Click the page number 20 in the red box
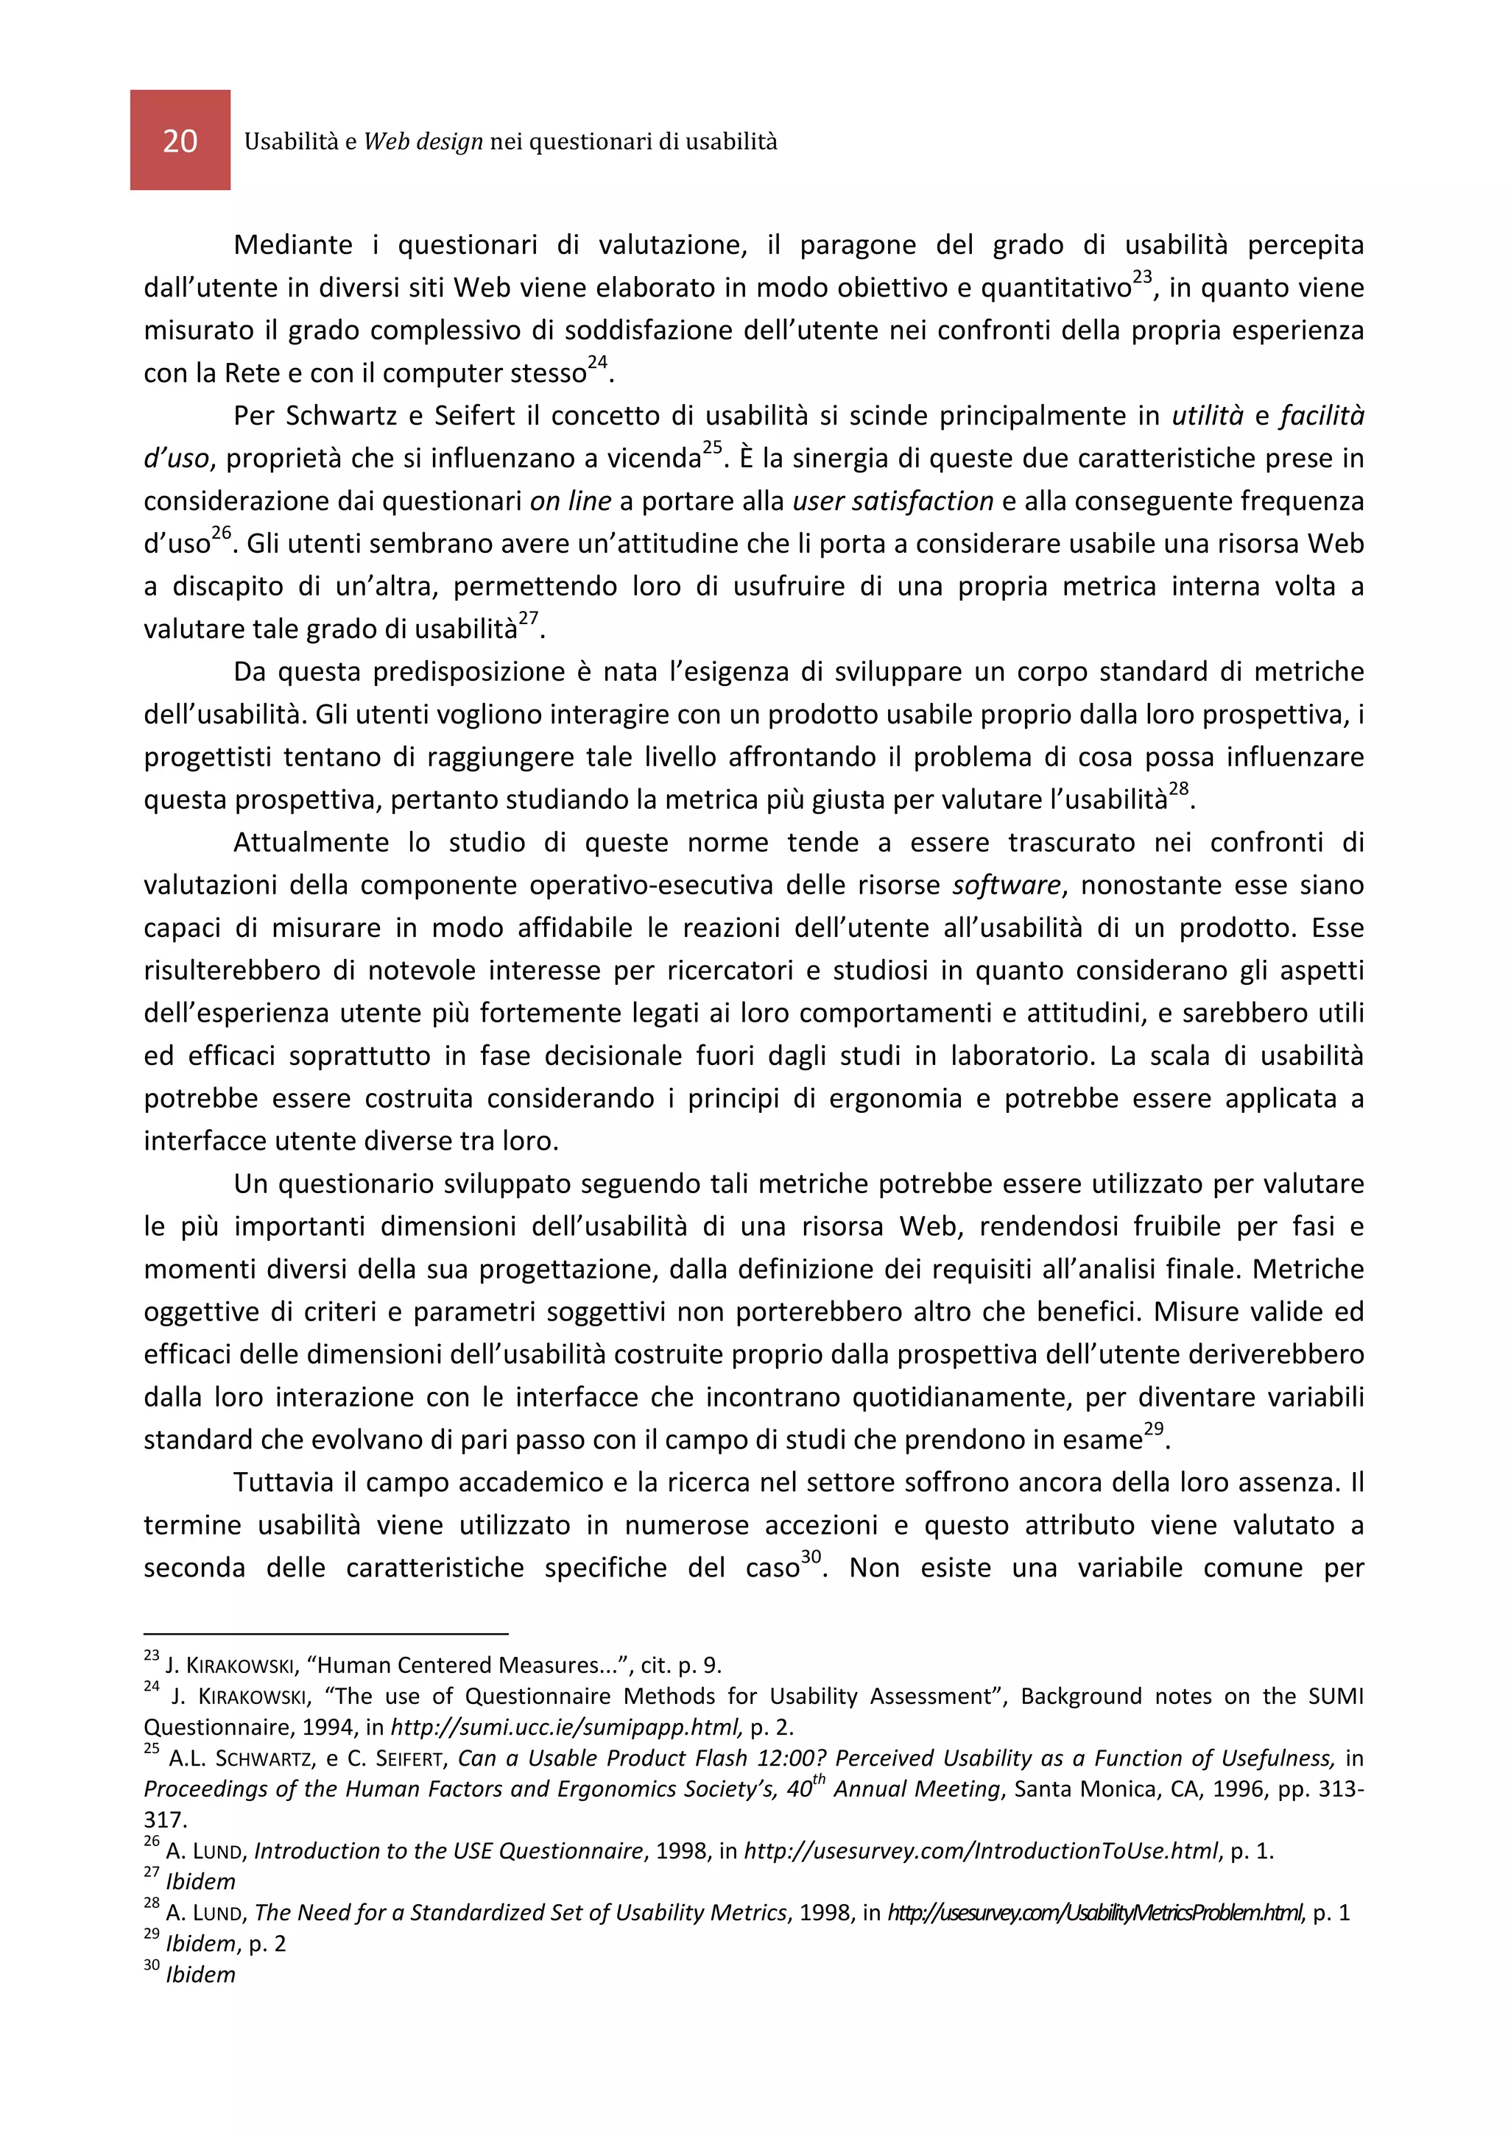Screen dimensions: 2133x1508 (180, 141)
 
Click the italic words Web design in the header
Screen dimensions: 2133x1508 (423, 141)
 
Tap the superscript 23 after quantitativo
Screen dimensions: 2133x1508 (1142, 277)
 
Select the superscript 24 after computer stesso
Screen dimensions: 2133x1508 (596, 362)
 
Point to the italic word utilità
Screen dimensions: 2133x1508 (1207, 415)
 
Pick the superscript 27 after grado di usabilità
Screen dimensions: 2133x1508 (528, 619)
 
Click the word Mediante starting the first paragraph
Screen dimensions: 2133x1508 (292, 244)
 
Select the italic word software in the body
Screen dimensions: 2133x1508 (1005, 885)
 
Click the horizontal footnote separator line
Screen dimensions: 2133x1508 (325, 1633)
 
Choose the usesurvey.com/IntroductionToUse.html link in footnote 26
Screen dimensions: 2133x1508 (980, 1850)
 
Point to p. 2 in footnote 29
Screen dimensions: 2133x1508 (267, 1944)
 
